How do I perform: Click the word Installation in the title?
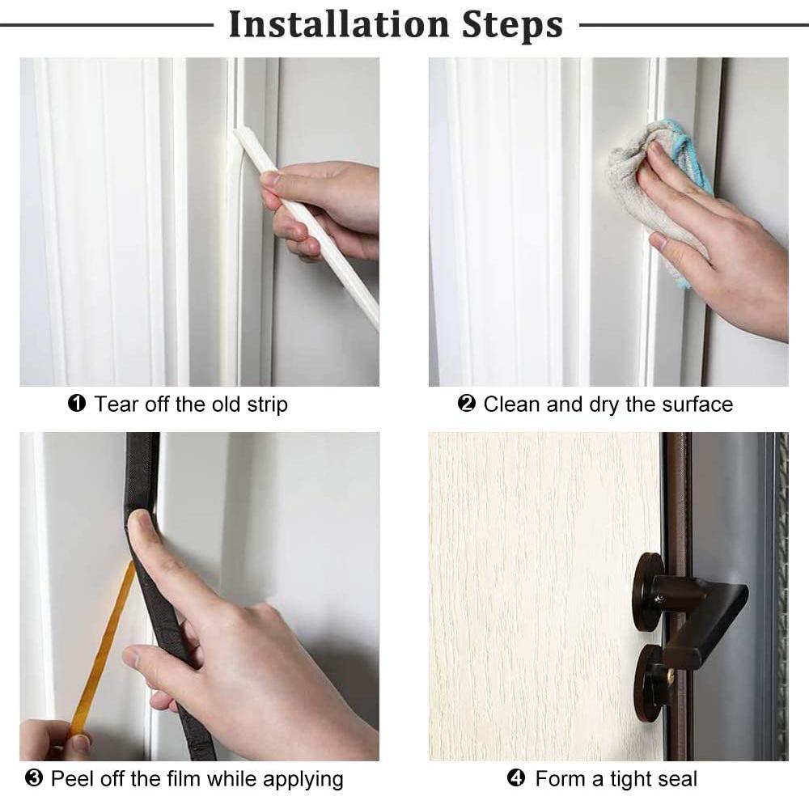click(339, 24)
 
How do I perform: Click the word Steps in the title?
click(512, 24)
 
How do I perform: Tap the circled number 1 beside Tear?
click(77, 404)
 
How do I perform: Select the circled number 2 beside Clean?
click(466, 404)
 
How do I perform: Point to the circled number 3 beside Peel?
click(34, 779)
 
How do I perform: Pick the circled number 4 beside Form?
click(516, 779)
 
